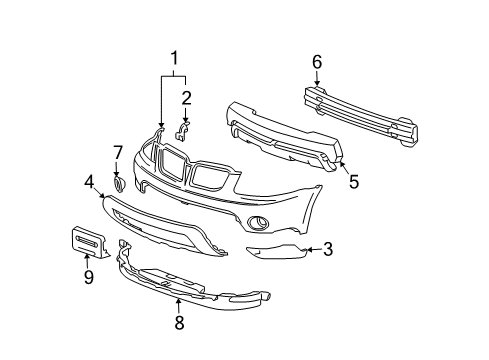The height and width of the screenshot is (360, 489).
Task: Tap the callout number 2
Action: tap(186, 97)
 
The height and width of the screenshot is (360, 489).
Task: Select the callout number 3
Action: tap(327, 250)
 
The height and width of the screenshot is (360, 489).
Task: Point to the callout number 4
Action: tap(89, 181)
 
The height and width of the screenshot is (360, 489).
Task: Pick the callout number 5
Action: tap(353, 181)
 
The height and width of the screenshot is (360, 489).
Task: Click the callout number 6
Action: tap(317, 62)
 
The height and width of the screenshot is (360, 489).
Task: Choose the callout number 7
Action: tap(117, 152)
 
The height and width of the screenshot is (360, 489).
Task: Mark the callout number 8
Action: tap(180, 322)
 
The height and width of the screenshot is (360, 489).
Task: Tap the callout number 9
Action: tap(88, 277)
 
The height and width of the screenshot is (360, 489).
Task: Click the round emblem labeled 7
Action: tap(119, 185)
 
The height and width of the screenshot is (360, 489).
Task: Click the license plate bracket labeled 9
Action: tap(88, 242)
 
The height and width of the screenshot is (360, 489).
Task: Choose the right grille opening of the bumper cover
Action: tap(213, 177)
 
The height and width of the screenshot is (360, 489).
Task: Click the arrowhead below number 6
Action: tap(317, 84)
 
